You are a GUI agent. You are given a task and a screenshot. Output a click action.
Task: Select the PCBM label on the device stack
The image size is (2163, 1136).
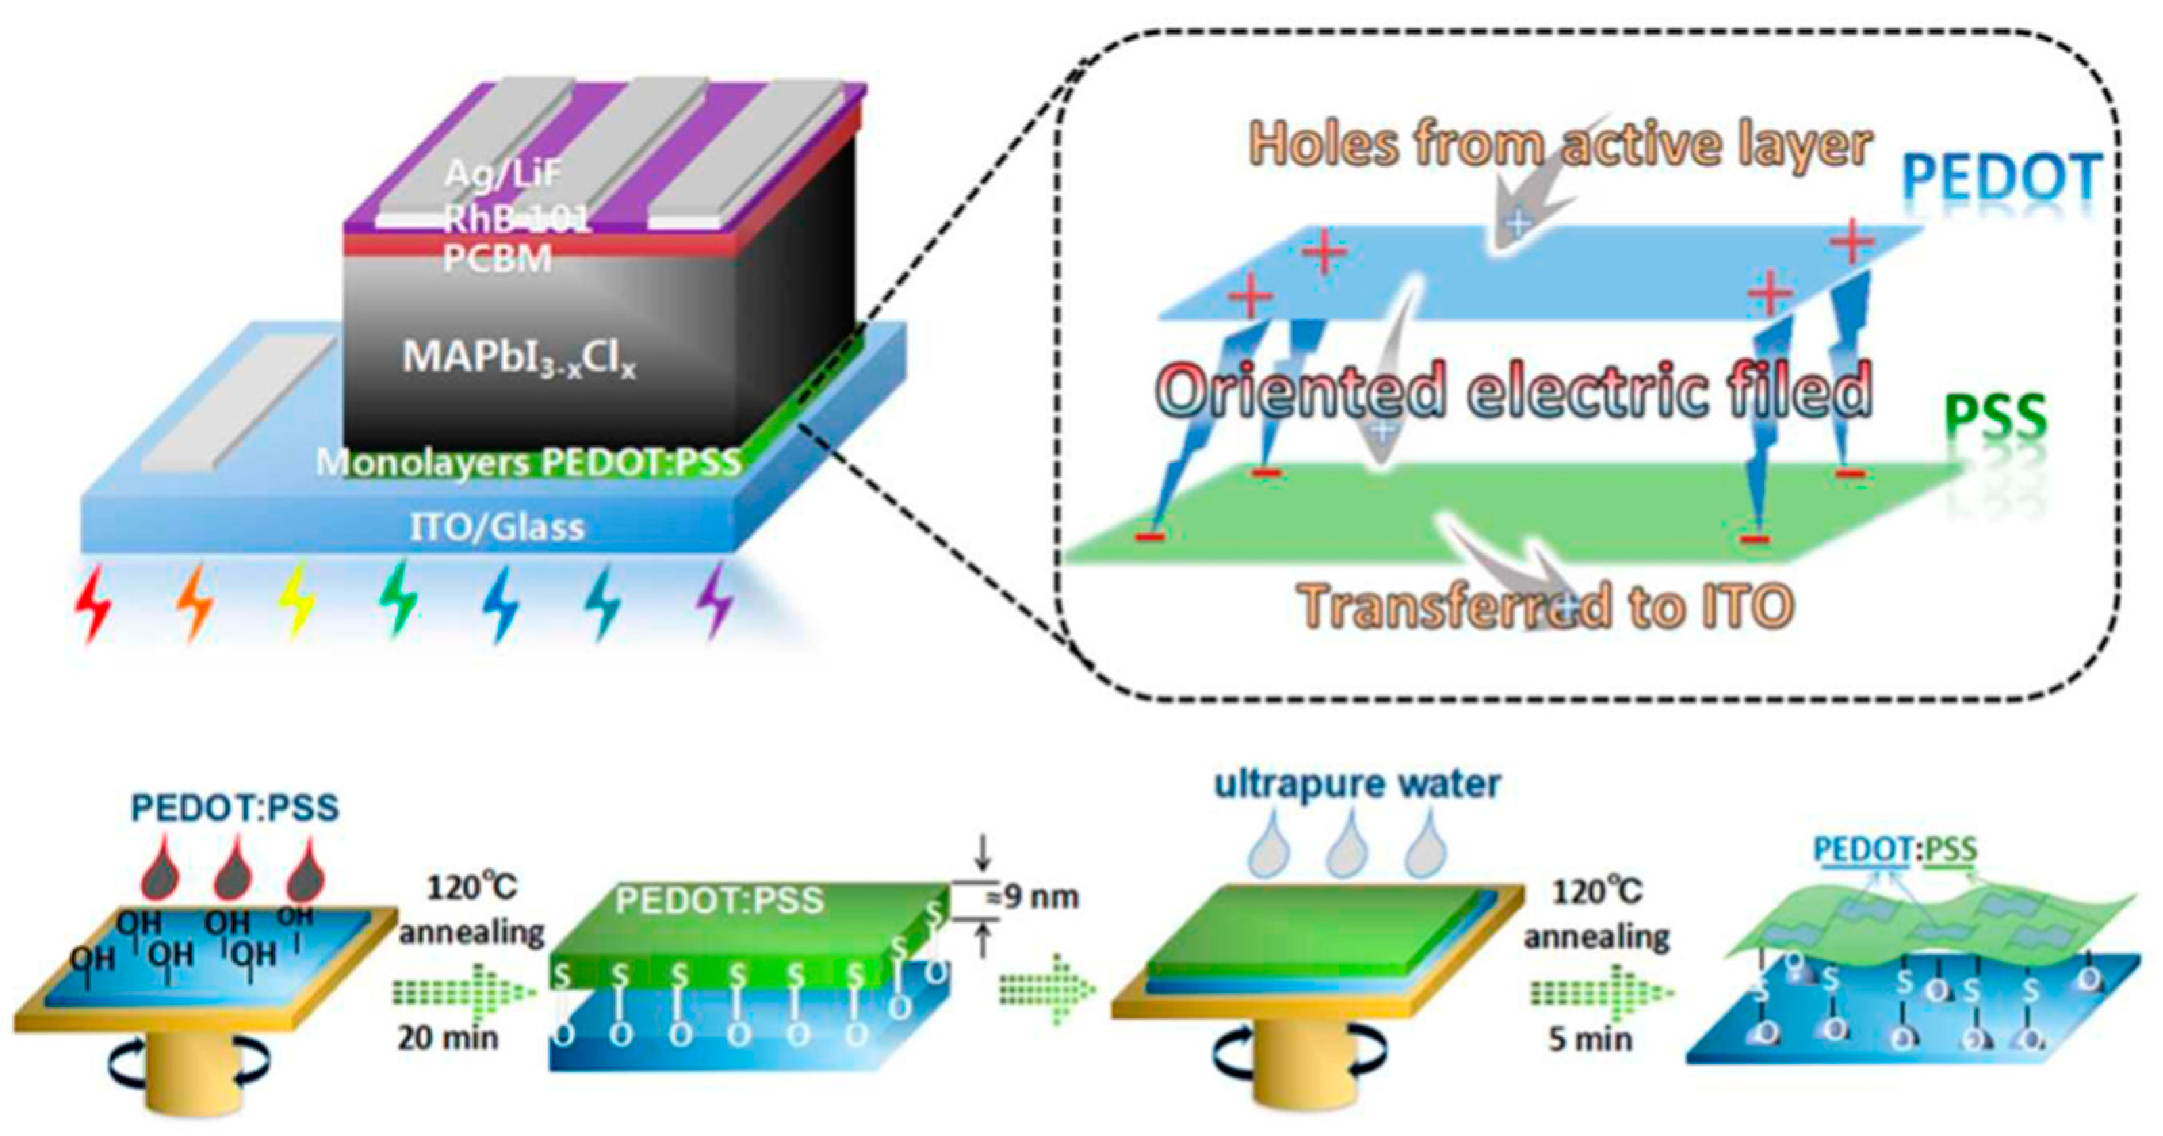click(497, 258)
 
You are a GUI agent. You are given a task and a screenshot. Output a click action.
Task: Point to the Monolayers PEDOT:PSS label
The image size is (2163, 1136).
click(529, 462)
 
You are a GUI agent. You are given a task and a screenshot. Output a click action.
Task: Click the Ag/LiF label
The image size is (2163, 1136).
click(502, 173)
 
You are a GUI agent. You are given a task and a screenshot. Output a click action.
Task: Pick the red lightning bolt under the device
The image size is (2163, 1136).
click(93, 603)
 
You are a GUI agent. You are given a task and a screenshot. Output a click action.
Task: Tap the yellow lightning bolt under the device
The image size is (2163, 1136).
click(297, 603)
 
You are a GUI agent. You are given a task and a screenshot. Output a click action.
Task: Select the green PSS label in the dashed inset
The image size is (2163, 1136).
click(1995, 417)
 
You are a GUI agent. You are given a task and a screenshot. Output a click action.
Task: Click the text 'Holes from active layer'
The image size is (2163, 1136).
click(1560, 144)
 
